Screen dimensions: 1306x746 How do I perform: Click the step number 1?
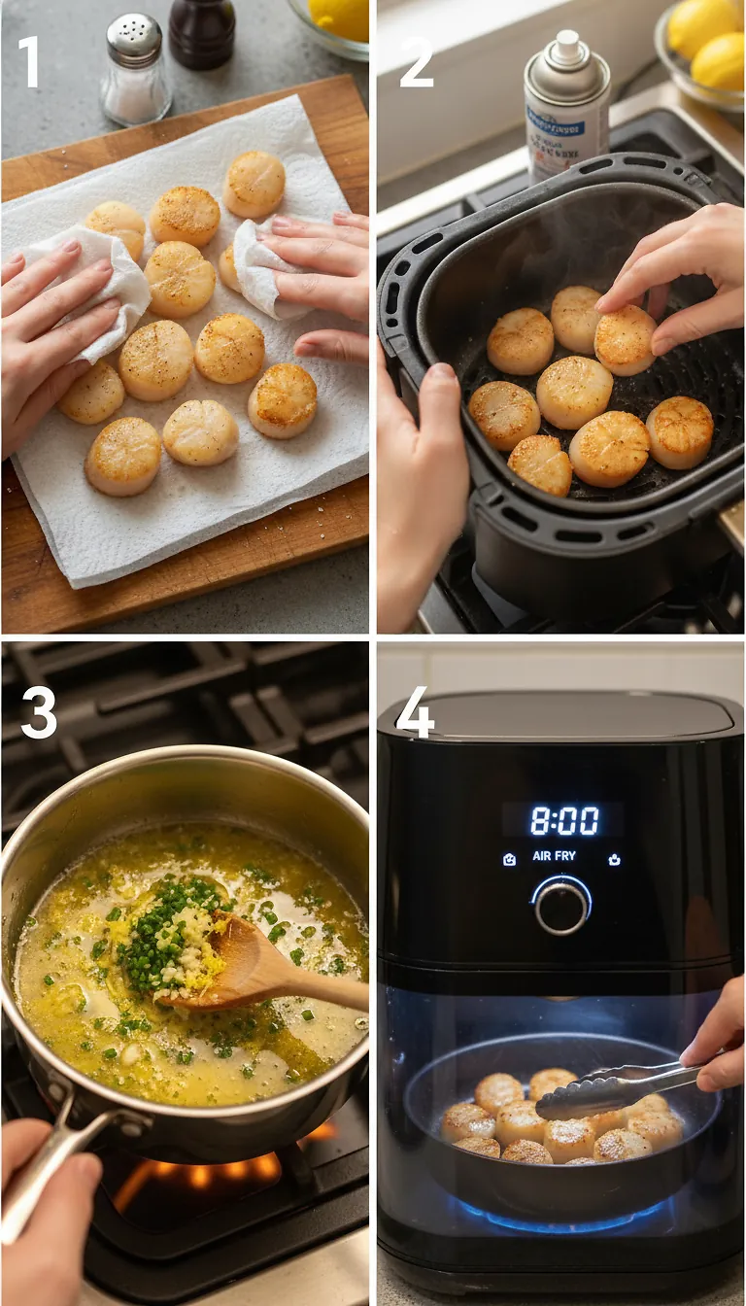(x=29, y=61)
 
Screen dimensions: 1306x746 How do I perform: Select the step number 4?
(x=415, y=716)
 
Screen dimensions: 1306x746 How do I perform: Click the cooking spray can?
(x=566, y=107)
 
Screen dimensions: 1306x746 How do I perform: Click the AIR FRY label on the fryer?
(x=554, y=857)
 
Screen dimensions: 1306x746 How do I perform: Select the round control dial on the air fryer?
(x=561, y=905)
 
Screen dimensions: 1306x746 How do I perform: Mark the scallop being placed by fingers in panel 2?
(x=624, y=338)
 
